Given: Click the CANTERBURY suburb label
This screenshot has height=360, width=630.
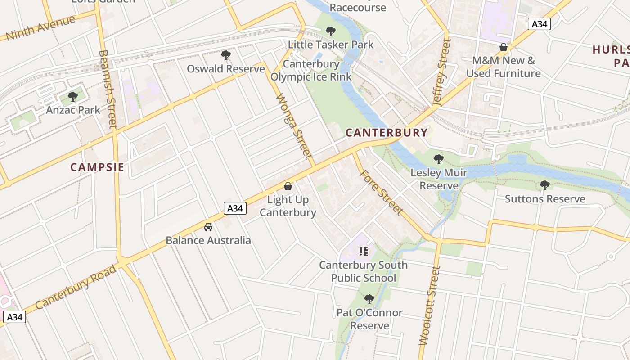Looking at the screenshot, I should point(386,132).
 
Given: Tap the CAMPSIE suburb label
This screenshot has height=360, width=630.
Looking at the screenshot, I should point(97,167).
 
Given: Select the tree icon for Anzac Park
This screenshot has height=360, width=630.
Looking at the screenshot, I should point(73,96).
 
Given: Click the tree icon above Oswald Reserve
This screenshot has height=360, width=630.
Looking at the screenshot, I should point(226,55).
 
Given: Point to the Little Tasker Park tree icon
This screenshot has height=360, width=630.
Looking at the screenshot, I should point(331,31).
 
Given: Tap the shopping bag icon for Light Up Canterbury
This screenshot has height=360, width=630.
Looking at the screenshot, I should point(288,186).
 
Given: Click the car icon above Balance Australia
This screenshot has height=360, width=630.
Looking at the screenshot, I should point(208,227).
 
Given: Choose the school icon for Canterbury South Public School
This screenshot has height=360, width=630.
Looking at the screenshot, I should point(364,251).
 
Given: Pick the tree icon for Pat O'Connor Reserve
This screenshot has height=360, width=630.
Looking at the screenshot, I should point(369,299).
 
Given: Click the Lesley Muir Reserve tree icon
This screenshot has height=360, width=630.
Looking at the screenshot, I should point(439,159).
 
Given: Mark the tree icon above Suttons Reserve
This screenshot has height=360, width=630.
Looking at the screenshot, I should point(545,185).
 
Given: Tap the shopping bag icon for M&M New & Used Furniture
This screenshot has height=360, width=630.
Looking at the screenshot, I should point(504,47).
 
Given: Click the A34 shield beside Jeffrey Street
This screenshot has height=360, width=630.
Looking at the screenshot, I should point(539,24).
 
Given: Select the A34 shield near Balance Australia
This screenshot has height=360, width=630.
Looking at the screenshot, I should point(235,208).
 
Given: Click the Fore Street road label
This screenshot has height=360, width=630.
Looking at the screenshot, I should point(381,191).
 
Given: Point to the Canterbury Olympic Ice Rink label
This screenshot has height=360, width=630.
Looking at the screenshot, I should point(311,70).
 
